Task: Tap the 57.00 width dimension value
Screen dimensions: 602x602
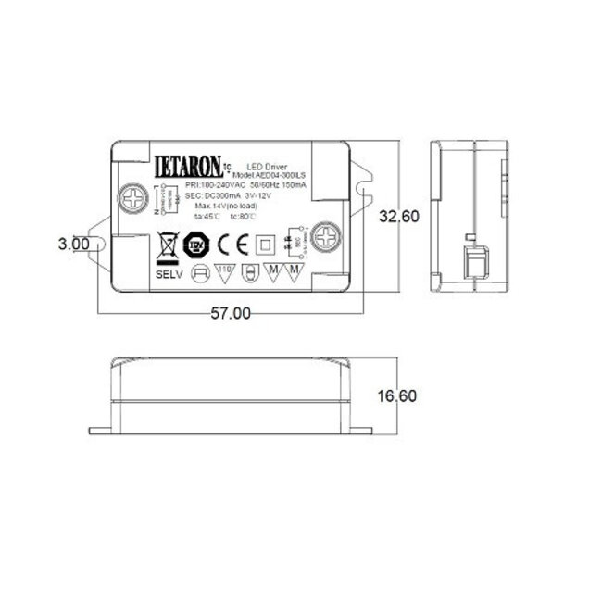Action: tap(231, 313)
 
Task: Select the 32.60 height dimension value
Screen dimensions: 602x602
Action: tap(400, 217)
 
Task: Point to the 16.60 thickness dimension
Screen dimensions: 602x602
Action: tap(400, 395)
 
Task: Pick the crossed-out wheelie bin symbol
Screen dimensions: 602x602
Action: tap(168, 245)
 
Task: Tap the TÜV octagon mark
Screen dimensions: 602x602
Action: tap(196, 245)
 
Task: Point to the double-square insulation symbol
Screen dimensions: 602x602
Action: tap(263, 245)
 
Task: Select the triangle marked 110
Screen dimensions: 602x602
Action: tap(222, 272)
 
